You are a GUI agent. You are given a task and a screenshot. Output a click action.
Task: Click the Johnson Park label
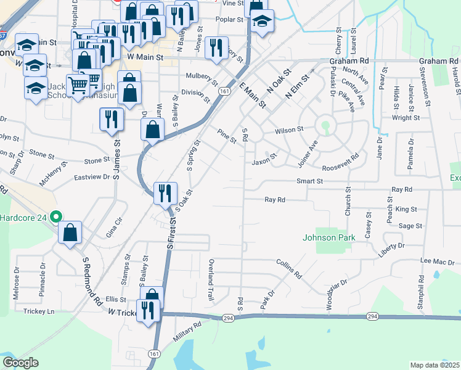click(329, 237)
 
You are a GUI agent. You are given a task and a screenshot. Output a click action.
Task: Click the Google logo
click(20, 363)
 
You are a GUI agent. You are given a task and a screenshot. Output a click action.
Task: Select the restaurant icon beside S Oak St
click(165, 192)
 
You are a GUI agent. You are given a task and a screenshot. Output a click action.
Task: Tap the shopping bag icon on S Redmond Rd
click(71, 232)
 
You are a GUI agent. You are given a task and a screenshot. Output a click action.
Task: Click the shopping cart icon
click(78, 84)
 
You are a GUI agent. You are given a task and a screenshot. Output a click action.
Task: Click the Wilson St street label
click(290, 130)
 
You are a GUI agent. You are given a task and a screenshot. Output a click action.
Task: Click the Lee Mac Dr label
click(438, 261)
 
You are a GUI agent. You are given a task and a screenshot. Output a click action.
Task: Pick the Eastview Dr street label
click(92, 176)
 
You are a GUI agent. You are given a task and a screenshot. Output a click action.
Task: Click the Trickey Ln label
click(38, 311)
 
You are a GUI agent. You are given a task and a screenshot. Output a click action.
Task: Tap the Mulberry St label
click(202, 79)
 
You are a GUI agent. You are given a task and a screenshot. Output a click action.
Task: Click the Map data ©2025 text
click(435, 364)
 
